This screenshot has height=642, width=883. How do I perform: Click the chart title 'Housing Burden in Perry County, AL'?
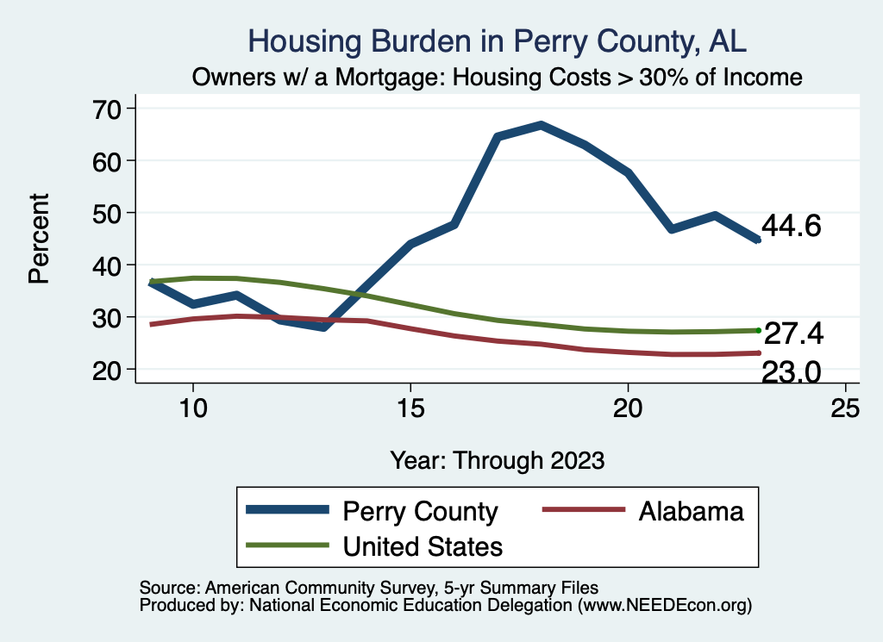pos(497,41)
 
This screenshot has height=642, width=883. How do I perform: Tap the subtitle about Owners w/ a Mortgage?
pos(497,77)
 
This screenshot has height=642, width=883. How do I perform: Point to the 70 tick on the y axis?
pos(114,109)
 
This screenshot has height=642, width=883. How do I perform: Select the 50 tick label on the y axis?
pos(114,213)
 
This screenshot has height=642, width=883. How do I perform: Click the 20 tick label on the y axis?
pos(114,370)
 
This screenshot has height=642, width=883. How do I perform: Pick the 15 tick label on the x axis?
pos(410,408)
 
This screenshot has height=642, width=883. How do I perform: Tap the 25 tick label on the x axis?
pos(845,408)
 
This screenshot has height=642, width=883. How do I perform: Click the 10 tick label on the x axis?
pos(193,408)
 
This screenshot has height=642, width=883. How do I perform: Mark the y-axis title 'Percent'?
pos(39,239)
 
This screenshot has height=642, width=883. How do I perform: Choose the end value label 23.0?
pos(791,371)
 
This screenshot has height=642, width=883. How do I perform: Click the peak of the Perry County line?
pos(541,125)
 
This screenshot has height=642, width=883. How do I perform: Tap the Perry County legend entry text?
pos(420,511)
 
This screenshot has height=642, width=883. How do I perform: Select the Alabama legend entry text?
pos(691,511)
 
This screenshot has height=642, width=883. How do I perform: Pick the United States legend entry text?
pos(423,545)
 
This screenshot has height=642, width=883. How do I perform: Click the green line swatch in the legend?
pos(288,545)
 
